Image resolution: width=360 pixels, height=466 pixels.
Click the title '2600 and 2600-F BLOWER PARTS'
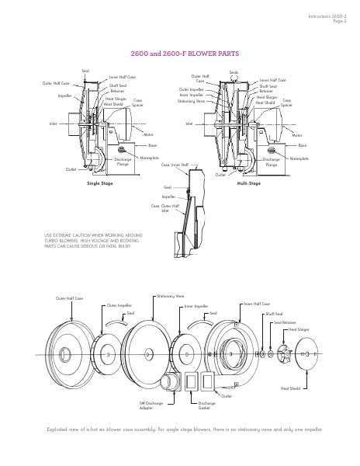point(179,54)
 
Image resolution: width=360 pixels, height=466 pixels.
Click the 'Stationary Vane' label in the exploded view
point(170,296)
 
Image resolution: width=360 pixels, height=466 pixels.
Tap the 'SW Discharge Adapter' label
point(151,406)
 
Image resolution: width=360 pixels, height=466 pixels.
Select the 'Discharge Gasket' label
point(207,405)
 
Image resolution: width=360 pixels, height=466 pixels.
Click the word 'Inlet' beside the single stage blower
point(54,123)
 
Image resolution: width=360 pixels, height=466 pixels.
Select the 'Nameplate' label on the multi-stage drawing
point(298,158)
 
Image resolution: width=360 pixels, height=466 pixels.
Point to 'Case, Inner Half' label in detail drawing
point(175,165)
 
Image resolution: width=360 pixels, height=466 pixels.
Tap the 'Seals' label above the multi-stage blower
point(234,71)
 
